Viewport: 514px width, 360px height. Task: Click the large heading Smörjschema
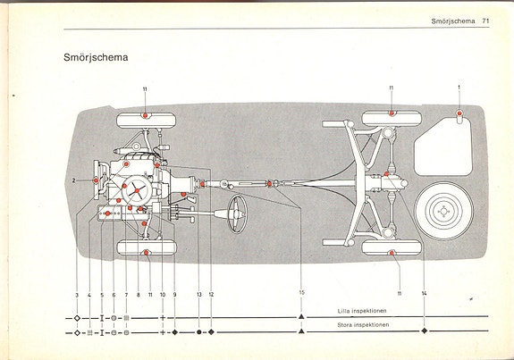(x=96, y=58)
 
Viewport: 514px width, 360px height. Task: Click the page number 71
(x=485, y=21)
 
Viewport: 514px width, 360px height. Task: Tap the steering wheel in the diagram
(x=237, y=213)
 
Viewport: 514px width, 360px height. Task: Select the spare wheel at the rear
(x=443, y=212)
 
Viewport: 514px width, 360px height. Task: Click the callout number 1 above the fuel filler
(x=459, y=88)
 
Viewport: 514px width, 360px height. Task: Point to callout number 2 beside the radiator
(x=74, y=180)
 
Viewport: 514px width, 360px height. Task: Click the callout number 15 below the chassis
(x=301, y=292)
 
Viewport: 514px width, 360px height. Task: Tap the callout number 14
(x=425, y=294)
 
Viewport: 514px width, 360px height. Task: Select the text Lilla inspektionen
(x=362, y=311)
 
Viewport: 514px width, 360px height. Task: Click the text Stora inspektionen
(x=363, y=325)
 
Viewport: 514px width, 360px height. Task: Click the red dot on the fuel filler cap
(x=459, y=113)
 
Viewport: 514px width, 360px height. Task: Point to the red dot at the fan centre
(x=137, y=190)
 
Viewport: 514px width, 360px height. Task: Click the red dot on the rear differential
(x=386, y=174)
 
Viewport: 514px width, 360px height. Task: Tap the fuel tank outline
(x=443, y=147)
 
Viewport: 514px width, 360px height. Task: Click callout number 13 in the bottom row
(x=199, y=295)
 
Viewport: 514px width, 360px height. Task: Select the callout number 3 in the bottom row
(x=77, y=295)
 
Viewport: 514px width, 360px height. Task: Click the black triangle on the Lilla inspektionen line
(x=301, y=316)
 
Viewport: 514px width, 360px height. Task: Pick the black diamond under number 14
(x=425, y=331)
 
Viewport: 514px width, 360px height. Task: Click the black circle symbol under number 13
(x=199, y=332)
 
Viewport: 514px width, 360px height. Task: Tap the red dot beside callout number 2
(x=96, y=180)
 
